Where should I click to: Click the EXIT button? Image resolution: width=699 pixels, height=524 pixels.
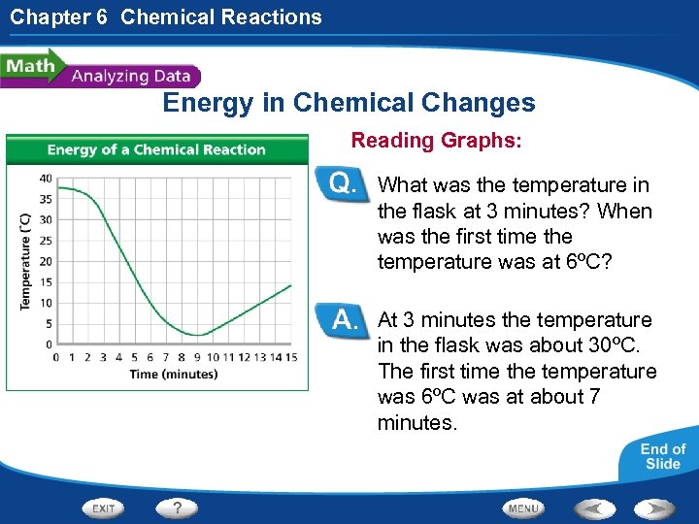104,508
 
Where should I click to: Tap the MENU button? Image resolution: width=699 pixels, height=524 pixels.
523,508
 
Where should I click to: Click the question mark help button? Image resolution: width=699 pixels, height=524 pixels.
177,508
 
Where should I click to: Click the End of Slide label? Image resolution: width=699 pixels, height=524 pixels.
662,456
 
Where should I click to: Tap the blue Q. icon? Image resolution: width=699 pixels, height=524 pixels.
344,184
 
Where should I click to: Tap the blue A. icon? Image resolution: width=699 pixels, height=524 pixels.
344,319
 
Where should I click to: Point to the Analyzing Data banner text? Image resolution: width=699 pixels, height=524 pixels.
131,76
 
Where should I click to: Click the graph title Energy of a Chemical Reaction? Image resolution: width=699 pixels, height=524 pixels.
156,149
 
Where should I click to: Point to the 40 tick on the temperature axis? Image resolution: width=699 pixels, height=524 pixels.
46,178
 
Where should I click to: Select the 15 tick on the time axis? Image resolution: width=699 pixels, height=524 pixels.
291,357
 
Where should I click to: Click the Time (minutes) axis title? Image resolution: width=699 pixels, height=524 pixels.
174,374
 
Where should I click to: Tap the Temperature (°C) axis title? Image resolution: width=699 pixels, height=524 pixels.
25,261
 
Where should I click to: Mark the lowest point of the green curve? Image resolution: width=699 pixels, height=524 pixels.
198,335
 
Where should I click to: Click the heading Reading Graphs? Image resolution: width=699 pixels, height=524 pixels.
436,141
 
